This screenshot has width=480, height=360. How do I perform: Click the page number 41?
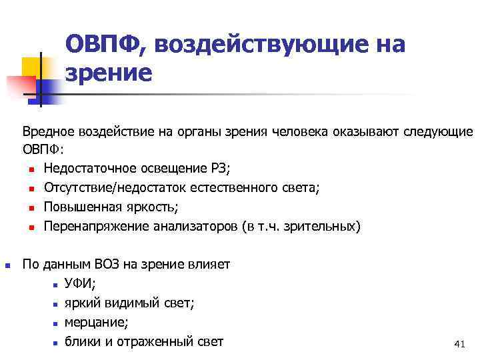(458, 344)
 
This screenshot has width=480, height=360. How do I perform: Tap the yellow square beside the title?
(32, 67)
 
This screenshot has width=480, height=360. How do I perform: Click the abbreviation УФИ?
(79, 284)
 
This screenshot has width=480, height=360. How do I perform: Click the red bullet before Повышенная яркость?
(31, 208)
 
